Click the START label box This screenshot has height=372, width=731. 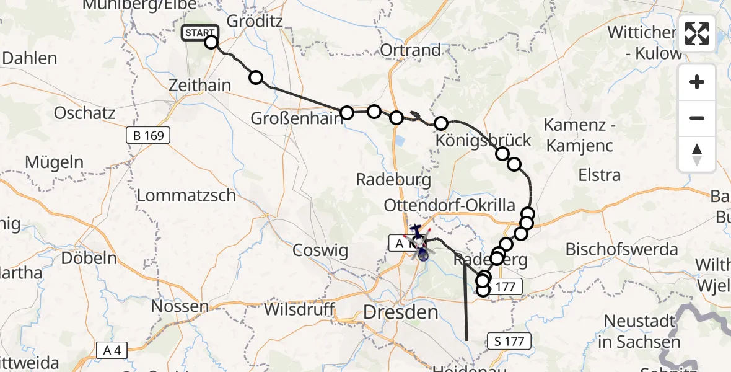(x=199, y=33)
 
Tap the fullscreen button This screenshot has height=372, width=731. (x=697, y=33)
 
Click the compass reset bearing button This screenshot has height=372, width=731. (x=697, y=154)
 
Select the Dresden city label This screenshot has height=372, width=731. (x=401, y=312)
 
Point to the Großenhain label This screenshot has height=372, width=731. (x=296, y=118)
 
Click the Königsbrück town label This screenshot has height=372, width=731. (x=484, y=140)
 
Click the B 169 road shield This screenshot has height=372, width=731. (x=149, y=135)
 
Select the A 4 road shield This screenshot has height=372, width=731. (x=113, y=350)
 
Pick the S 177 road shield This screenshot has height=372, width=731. (x=509, y=341)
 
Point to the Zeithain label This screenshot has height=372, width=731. (x=200, y=86)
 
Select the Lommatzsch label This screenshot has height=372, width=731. (x=186, y=195)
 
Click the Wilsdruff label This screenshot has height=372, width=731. (x=299, y=308)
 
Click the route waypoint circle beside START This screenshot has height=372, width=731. (x=211, y=42)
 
